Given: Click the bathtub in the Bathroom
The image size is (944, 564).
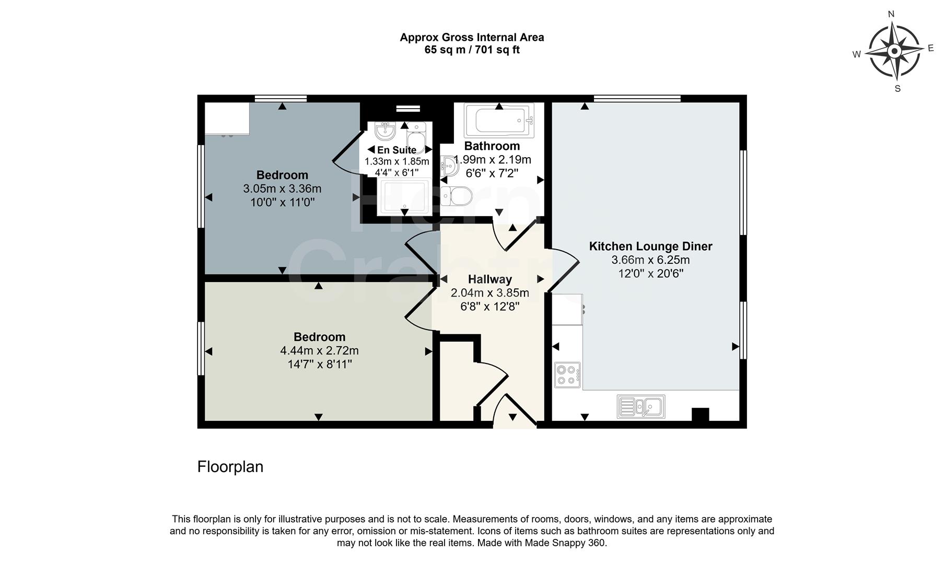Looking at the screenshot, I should coord(499,120).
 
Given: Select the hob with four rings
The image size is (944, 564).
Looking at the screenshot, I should coord(567,375).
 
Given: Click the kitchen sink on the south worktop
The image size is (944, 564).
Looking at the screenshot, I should coord(641,406).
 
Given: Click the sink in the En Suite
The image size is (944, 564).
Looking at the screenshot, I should coord(385,131).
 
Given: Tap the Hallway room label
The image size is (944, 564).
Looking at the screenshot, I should coord(490,279).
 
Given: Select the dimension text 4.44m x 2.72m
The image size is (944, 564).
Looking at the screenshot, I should coord(319,350).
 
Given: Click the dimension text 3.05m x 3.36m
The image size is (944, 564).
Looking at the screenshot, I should coord(282,189).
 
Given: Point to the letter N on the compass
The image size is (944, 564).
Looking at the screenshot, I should coord(891,15).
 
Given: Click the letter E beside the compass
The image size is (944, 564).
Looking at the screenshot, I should coord(930,48).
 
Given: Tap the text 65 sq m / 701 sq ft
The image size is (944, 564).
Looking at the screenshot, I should coord(472,50).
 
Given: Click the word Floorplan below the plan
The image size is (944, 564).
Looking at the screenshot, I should coord(230,466).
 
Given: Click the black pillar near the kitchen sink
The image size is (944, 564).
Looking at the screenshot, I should coord(700,415).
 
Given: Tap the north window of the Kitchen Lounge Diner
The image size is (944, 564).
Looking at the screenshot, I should coord(637,98).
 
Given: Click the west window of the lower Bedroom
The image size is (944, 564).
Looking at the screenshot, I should coord(200,348).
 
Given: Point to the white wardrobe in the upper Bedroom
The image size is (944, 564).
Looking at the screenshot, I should coord(227,118).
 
